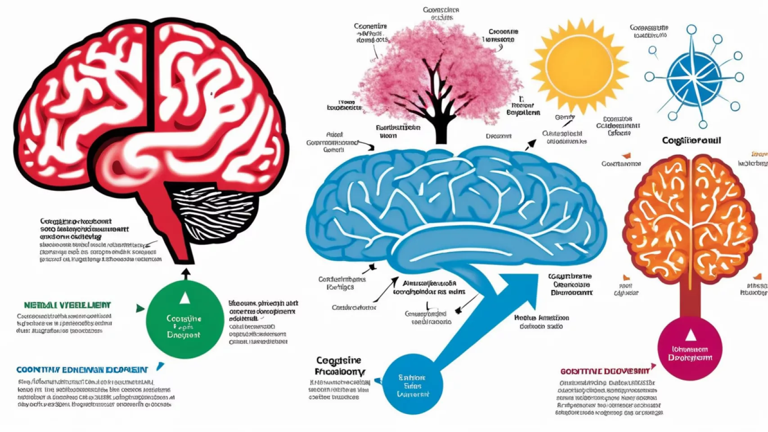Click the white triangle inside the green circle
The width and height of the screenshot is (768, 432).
(184, 298)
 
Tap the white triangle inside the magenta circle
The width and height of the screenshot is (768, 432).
(691, 335)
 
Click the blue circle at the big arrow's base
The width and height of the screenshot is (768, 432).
(412, 385)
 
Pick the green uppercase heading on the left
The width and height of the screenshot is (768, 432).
(67, 305)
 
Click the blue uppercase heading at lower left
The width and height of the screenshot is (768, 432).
(82, 370)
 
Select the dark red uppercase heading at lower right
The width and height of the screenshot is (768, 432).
(605, 371)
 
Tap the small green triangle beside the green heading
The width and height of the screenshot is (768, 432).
(140, 308)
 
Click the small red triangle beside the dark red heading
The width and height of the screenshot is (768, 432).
(654, 367)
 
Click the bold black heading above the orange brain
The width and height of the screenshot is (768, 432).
(692, 141)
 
